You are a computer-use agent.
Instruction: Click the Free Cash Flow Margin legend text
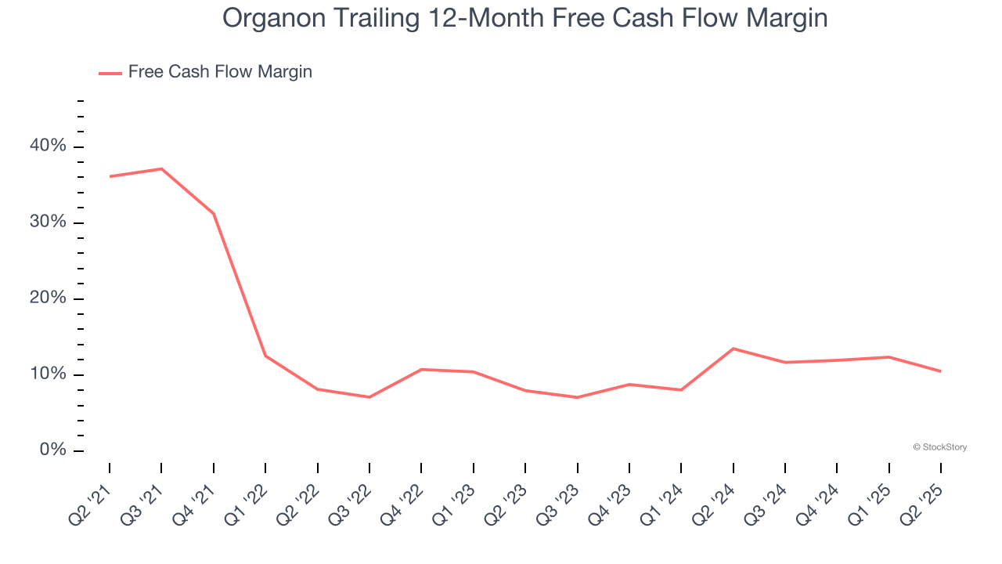click(220, 72)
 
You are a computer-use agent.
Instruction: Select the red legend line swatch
click(110, 73)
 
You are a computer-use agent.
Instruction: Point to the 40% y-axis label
click(49, 146)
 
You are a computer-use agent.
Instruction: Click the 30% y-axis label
click(49, 222)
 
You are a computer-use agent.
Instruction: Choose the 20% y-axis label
click(49, 298)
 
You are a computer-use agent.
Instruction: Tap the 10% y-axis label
click(49, 374)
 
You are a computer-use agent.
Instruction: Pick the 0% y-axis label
click(53, 450)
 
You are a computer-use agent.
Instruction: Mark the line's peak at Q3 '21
click(161, 168)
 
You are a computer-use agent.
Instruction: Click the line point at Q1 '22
click(265, 356)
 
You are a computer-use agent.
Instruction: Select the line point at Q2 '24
click(733, 349)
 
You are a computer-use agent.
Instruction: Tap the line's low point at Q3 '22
click(369, 397)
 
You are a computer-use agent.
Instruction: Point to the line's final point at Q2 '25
click(940, 371)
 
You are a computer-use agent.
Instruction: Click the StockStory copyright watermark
click(939, 447)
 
